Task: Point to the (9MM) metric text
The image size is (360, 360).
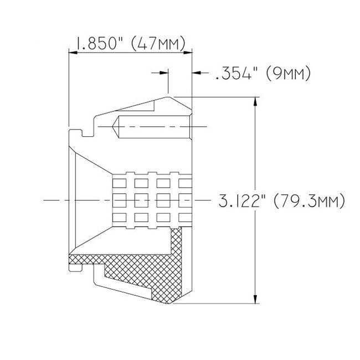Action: point(287,73)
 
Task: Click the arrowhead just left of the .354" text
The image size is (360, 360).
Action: point(197,72)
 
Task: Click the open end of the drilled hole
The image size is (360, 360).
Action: point(189,127)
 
